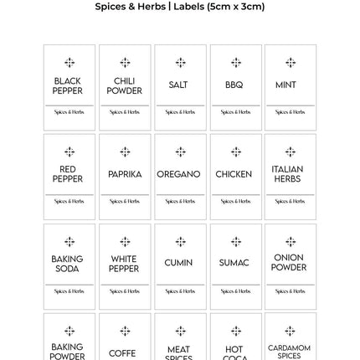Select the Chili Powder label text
[x=125, y=87]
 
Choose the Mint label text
[x=291, y=86]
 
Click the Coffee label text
[x=124, y=353]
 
